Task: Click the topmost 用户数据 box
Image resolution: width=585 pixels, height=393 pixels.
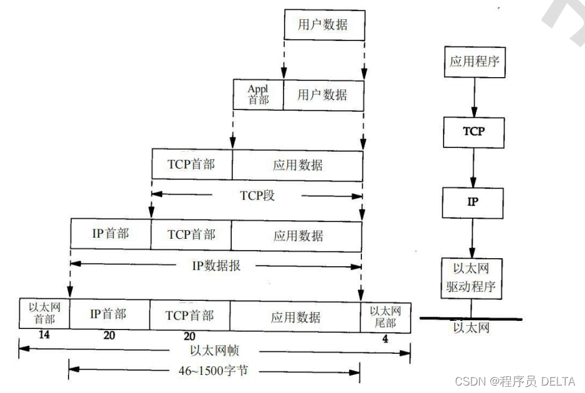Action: point(323,26)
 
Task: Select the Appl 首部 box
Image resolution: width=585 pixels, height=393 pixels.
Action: point(258,95)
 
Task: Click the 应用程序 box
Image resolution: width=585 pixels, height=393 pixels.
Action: point(473,62)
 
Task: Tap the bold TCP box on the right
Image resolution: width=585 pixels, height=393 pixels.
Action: point(473,132)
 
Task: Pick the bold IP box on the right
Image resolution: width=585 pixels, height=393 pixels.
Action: point(473,203)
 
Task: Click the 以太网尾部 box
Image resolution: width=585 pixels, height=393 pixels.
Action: point(386,316)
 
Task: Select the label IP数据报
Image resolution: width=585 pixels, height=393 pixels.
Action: point(216,266)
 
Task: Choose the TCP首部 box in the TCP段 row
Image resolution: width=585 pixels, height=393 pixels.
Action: point(192,165)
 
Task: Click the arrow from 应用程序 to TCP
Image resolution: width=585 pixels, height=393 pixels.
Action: point(473,97)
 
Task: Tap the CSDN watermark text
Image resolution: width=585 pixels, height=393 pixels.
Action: point(515,381)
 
